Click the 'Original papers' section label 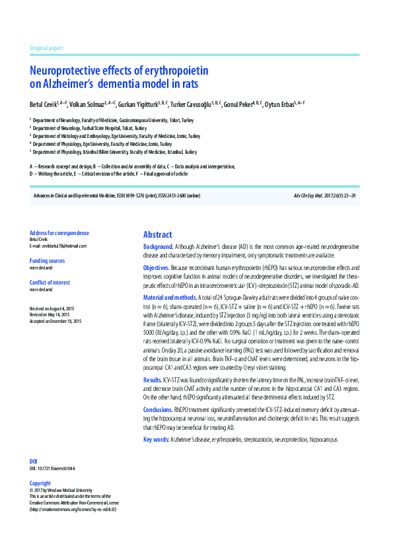point(46,48)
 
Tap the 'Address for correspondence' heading point(59,233)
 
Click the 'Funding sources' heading point(48,261)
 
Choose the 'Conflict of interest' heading point(50,283)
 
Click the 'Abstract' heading point(158,234)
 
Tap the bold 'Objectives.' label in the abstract point(157,267)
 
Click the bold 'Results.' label point(153,380)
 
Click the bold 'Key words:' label point(156,438)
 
